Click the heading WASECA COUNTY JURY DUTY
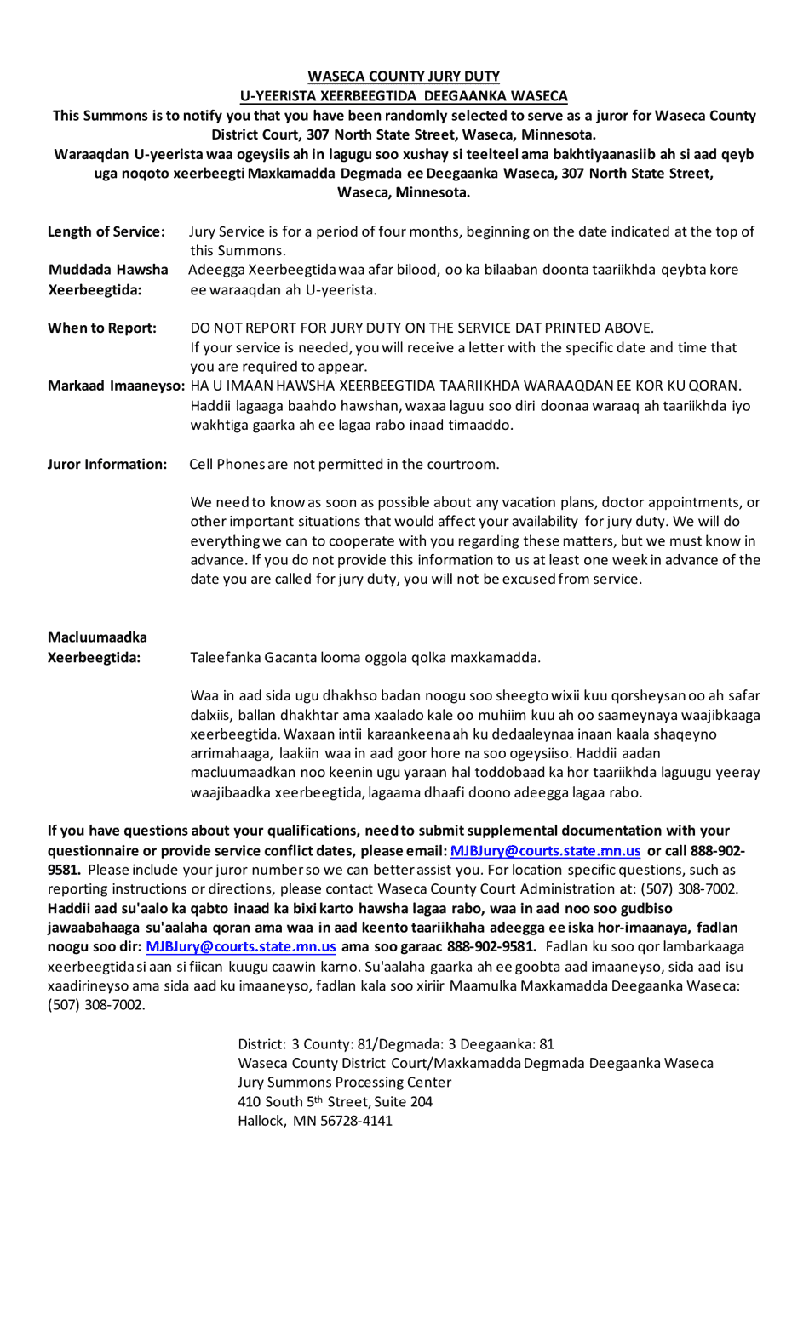point(404,77)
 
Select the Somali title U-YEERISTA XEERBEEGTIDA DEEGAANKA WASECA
point(404,96)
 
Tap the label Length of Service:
point(106,231)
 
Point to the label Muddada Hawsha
point(108,270)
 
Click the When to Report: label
point(102,328)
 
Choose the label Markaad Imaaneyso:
point(117,386)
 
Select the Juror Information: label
point(107,464)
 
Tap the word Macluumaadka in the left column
point(97,637)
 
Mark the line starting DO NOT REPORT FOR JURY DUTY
point(422,328)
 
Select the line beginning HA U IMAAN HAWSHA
point(466,386)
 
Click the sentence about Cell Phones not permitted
point(344,464)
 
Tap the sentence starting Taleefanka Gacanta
point(365,657)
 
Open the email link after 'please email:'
point(545,850)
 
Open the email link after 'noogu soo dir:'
point(241,946)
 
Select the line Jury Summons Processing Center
point(344,1082)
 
